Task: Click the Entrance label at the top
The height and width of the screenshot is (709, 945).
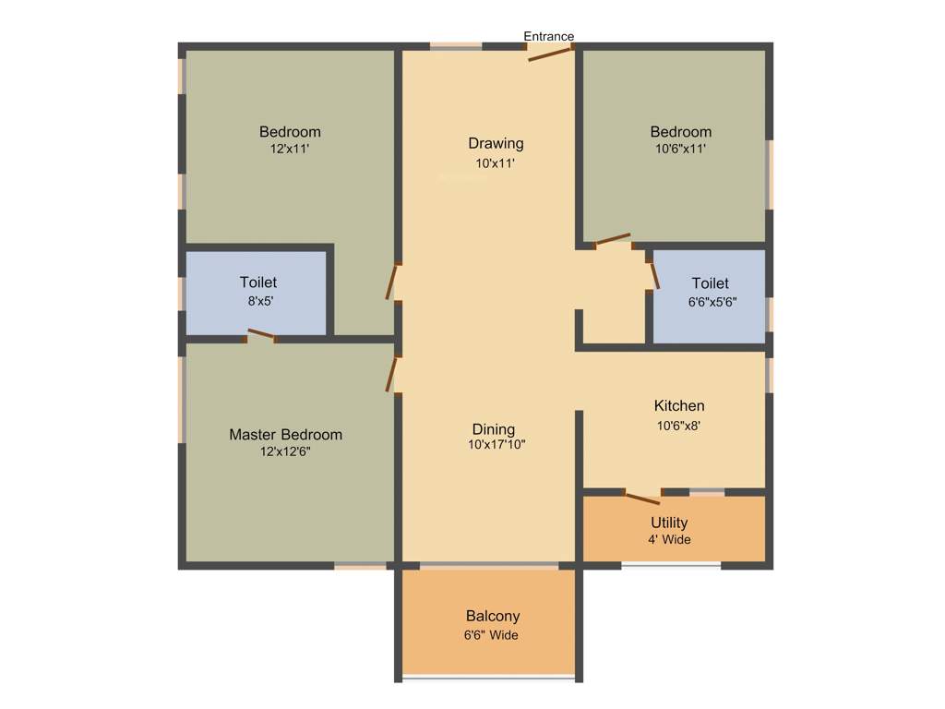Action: click(549, 37)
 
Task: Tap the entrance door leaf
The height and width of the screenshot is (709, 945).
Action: click(550, 54)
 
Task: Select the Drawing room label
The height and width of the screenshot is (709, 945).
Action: click(496, 143)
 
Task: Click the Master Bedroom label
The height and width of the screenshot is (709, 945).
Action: click(285, 435)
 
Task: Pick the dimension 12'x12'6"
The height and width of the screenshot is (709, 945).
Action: click(285, 451)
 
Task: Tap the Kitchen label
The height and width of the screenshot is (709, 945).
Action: click(679, 406)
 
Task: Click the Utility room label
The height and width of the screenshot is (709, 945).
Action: click(669, 523)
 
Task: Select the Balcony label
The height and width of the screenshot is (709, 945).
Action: click(493, 616)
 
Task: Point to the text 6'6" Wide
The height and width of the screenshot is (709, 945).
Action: click(491, 635)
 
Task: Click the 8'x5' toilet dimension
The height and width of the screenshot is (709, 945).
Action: click(258, 300)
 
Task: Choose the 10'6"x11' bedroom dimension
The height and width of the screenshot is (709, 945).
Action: click(680, 148)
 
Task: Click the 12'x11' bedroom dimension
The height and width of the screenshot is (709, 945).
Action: click(290, 148)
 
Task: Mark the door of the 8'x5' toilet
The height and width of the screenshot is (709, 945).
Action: click(261, 335)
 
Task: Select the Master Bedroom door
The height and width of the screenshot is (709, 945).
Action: click(393, 372)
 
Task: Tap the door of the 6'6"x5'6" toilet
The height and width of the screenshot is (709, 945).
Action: click(653, 273)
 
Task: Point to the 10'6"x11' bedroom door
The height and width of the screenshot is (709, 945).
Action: click(613, 240)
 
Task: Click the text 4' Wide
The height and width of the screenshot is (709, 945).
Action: click(669, 540)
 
